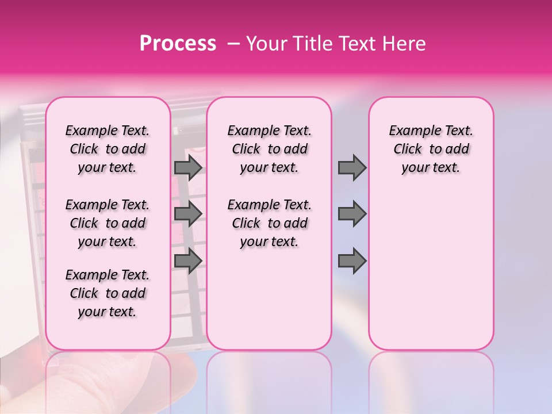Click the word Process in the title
tap(178, 44)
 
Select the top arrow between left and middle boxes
tap(188, 167)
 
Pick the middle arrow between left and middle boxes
tap(188, 214)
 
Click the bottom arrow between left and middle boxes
tap(188, 261)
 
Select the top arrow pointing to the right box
tap(352, 167)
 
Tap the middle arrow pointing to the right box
tap(352, 214)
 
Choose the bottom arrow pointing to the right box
tap(352, 261)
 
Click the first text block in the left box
tap(108, 149)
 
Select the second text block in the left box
tap(108, 223)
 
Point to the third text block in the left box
tap(108, 293)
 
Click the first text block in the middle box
tap(269, 149)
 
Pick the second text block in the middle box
tap(269, 223)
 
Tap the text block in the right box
tap(431, 149)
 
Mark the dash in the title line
tap(233, 44)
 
